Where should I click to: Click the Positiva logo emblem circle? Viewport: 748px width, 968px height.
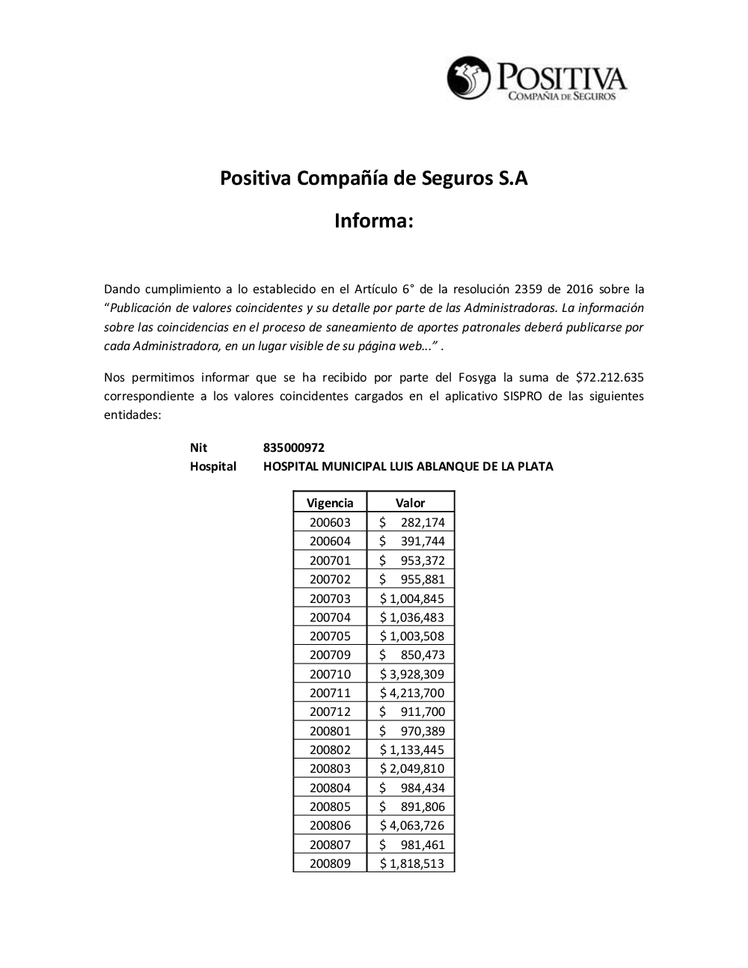[468, 77]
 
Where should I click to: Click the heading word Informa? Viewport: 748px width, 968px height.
[373, 221]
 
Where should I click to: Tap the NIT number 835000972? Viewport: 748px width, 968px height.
[294, 447]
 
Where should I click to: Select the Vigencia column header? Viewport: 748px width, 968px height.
[330, 503]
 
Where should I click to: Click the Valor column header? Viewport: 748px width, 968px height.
[410, 503]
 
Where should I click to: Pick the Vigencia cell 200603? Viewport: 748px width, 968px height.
[330, 522]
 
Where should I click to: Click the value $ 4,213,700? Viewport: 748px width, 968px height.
[411, 693]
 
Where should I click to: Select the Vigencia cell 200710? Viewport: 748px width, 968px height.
[330, 674]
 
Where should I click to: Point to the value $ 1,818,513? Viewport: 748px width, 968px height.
[411, 863]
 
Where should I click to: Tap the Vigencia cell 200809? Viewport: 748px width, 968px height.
[330, 863]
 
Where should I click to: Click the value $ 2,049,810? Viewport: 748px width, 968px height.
[411, 768]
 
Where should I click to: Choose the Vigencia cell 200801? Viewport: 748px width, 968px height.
[330, 731]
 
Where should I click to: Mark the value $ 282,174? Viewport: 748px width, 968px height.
[411, 522]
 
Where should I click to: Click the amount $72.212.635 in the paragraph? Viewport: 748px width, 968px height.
[610, 376]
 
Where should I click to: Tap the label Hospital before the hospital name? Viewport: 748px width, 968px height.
[213, 466]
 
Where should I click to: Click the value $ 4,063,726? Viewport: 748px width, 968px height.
[411, 825]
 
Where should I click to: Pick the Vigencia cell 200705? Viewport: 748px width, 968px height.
[330, 636]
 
